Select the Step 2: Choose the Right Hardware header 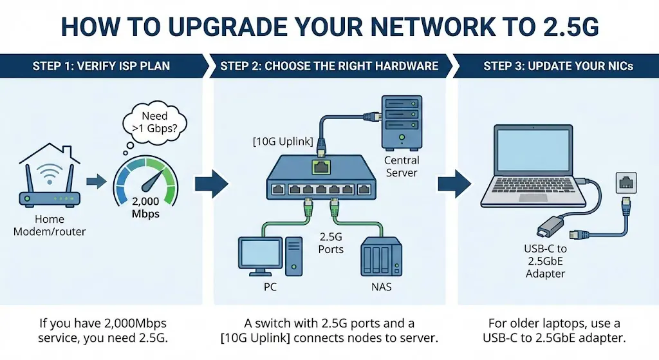click(329, 66)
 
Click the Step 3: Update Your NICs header click(558, 66)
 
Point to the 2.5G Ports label click(331, 243)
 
